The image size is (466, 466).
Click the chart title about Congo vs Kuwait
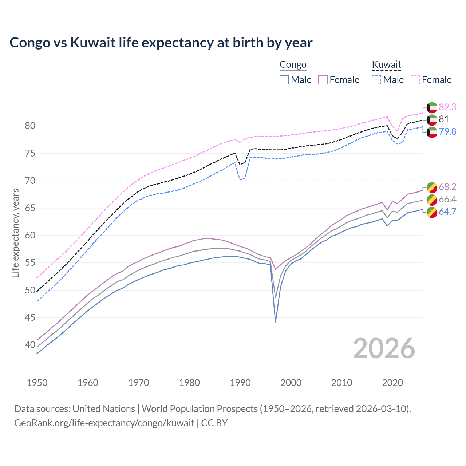(x=161, y=43)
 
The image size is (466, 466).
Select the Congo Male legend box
(x=284, y=80)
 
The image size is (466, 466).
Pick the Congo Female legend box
(x=323, y=80)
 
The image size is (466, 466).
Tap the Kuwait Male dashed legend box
(x=376, y=80)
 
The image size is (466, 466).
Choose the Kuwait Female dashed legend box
(x=415, y=80)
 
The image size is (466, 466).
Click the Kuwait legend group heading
(x=386, y=65)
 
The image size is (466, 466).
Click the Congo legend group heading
(x=293, y=65)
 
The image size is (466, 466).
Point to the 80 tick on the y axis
(x=30, y=126)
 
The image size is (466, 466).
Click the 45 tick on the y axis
(x=30, y=318)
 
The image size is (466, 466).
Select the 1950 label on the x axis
(x=37, y=383)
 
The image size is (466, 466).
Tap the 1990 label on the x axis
(x=240, y=383)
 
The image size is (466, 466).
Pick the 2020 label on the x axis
(x=392, y=383)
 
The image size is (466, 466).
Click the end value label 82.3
(x=447, y=107)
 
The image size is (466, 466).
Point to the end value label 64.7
(x=447, y=212)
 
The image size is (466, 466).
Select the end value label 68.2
(x=447, y=187)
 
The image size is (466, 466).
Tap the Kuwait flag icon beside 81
(x=432, y=119)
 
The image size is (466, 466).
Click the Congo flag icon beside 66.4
(x=432, y=200)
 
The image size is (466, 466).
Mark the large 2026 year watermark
(x=384, y=348)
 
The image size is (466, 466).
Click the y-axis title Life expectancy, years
(x=15, y=233)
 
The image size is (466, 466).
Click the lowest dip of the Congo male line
(x=276, y=322)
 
